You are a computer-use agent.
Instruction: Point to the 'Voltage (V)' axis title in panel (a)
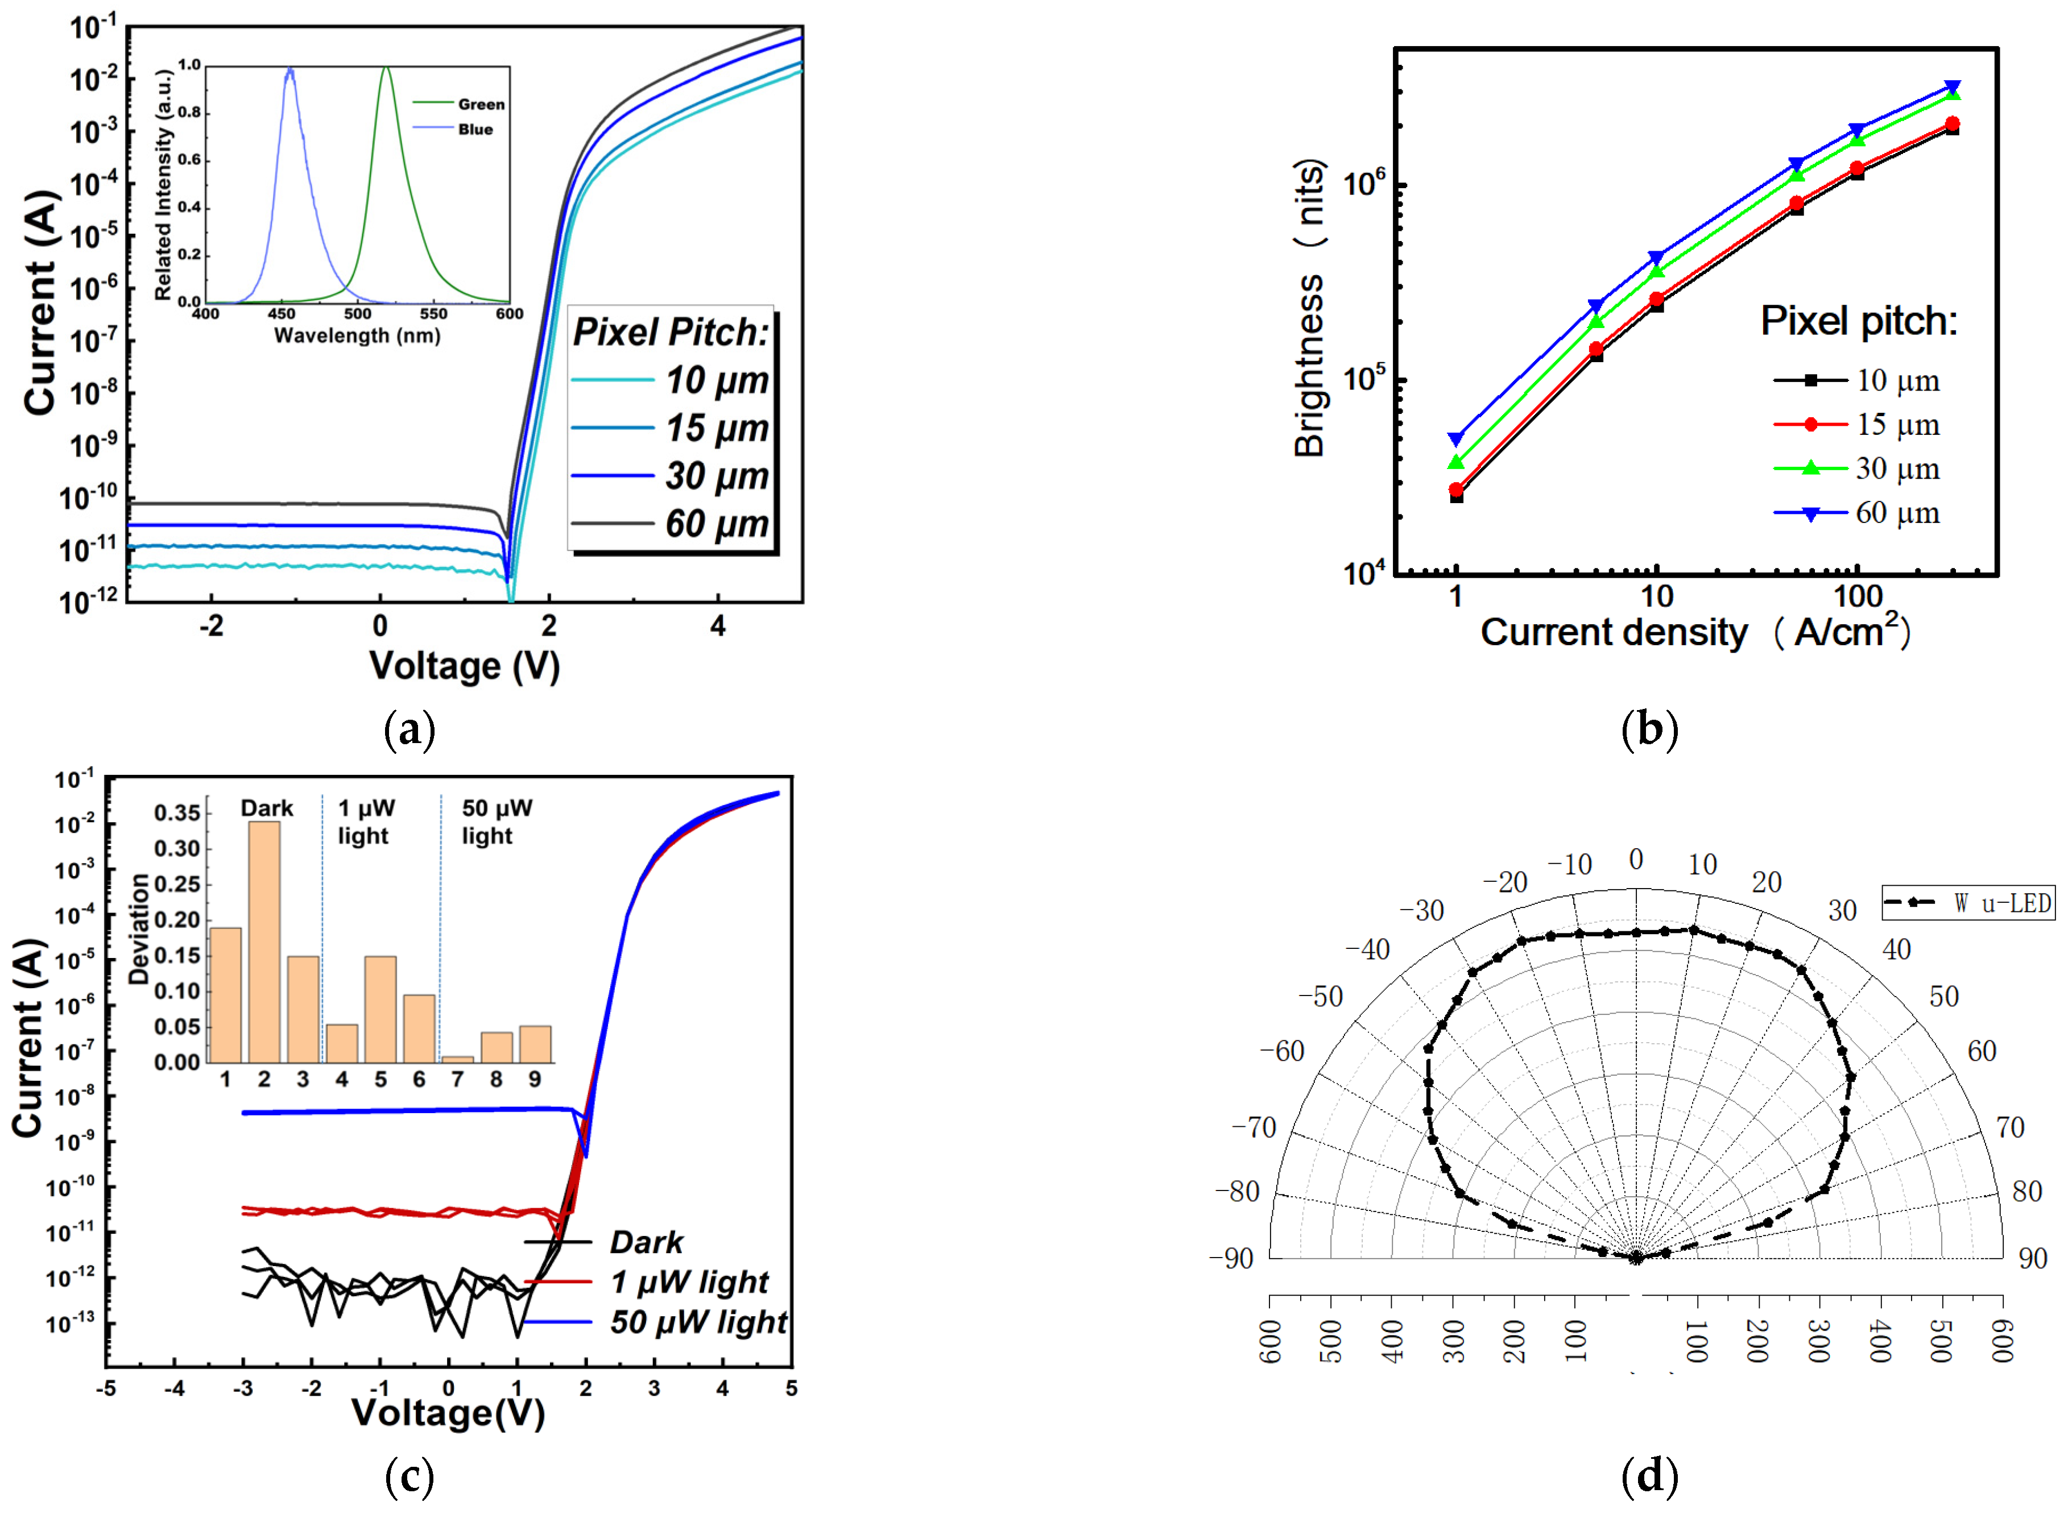(464, 665)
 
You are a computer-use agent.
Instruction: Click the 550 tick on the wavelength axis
(433, 313)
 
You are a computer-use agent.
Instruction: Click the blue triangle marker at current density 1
(1455, 439)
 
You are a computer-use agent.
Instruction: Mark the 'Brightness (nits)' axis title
(1309, 307)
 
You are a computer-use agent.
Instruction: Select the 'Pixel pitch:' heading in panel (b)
(1858, 321)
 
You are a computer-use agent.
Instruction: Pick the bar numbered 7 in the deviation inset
(457, 1059)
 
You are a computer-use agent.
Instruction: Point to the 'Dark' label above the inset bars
(267, 807)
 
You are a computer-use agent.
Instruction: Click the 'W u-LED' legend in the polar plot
(1967, 903)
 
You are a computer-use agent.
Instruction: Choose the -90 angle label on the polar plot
(1231, 1258)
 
